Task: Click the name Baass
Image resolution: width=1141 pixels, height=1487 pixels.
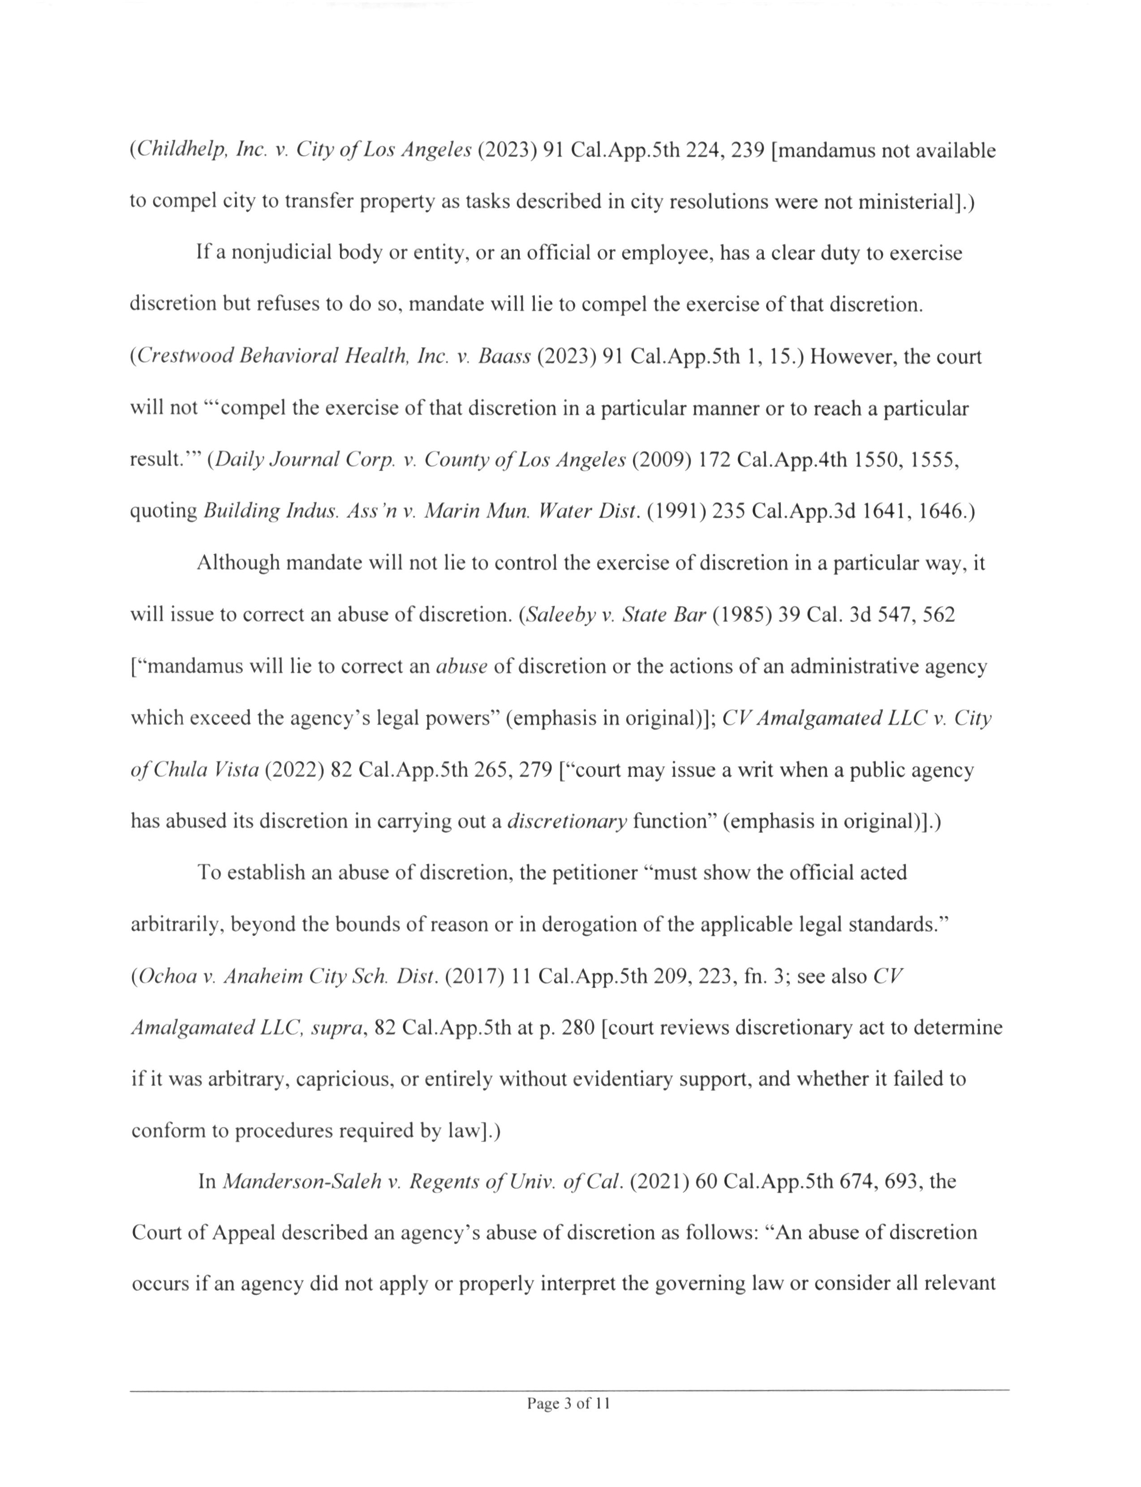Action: (x=504, y=356)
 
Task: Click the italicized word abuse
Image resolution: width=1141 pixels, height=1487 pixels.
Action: (x=462, y=666)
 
